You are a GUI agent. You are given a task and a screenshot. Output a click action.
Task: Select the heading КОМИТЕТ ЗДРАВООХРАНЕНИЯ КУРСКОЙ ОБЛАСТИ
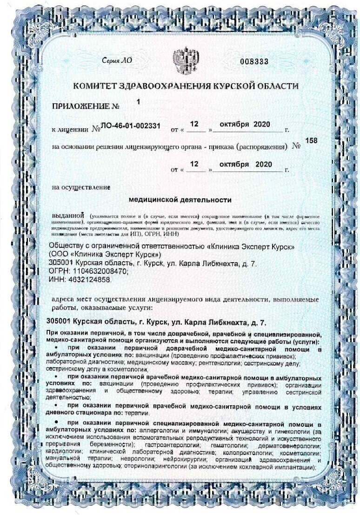coord(186,86)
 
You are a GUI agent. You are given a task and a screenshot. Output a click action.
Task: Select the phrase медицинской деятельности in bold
coord(180,200)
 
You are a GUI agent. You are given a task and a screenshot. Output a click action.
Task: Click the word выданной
coord(67,217)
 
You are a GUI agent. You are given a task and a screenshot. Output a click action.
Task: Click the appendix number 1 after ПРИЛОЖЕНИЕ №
coord(138,100)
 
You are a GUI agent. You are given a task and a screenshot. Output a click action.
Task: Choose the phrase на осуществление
coord(81,188)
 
